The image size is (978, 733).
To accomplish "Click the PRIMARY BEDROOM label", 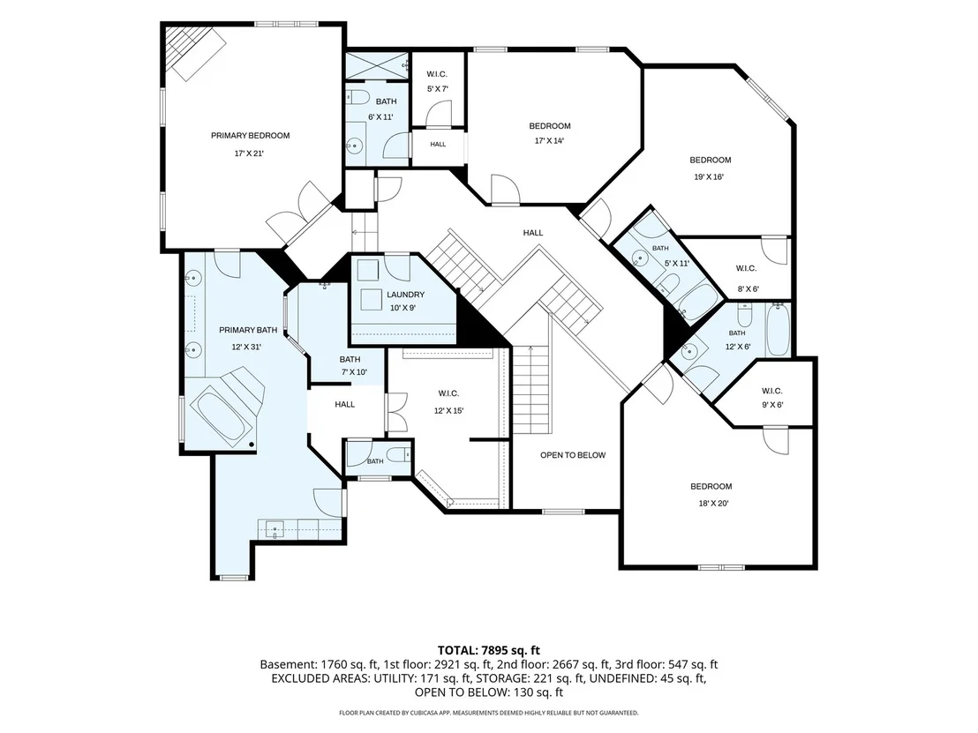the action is coord(250,136).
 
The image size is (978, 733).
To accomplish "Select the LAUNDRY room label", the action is coord(405,295).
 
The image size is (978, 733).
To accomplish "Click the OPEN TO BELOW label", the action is coord(573,455).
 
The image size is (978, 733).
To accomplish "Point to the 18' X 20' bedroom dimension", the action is coord(711,504).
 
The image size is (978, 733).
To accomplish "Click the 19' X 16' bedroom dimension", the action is coord(709,177).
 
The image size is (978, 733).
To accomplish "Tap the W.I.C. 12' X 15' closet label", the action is coord(448,402).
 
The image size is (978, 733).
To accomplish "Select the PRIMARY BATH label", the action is coord(248,331).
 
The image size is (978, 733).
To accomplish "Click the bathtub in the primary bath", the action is coord(222,415).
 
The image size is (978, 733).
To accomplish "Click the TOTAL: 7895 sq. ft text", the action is coord(488,651).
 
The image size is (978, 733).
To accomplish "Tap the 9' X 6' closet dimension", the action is coord(772,405).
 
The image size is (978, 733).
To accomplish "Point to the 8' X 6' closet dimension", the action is coord(747,289).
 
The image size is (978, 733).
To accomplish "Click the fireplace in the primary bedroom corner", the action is coord(194,53).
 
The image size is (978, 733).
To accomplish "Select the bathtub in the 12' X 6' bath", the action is coord(779,329).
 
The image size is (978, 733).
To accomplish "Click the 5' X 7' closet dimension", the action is coord(437,89).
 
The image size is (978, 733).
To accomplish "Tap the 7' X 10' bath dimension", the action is coord(354,373).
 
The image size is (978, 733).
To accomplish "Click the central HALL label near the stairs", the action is coord(532,233).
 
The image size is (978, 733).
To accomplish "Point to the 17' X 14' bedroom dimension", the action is coord(549,141).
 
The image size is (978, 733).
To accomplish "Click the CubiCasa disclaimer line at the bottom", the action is coord(488,713).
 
